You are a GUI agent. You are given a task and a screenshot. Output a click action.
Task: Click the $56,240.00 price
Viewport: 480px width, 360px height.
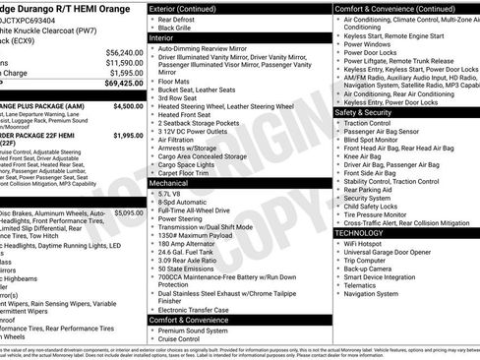click(124, 52)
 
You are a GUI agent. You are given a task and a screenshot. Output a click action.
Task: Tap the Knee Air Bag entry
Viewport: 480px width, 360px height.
click(369, 155)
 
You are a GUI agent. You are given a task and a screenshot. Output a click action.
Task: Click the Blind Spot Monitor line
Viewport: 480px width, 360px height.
click(379, 139)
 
